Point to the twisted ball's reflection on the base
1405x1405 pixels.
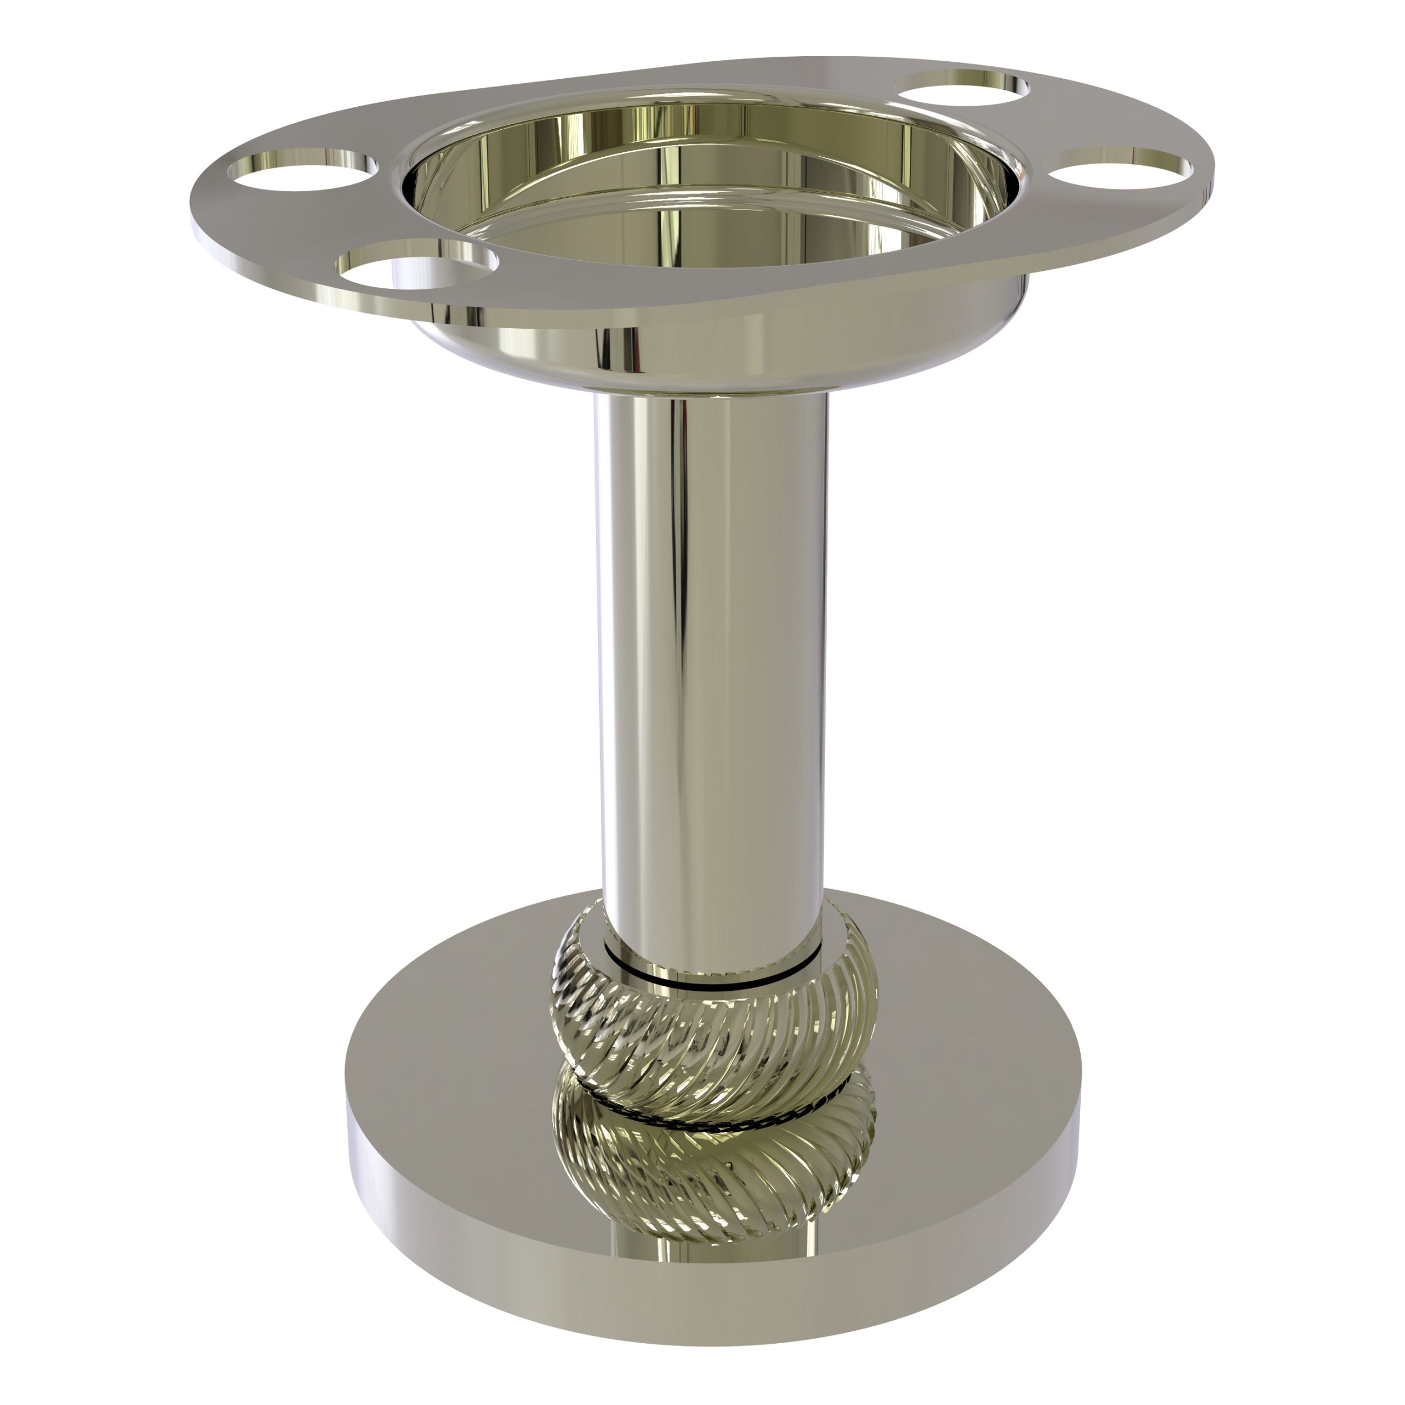[x=713, y=1171]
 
